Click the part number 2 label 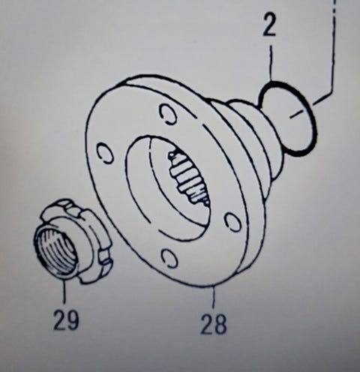(269, 25)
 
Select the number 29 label (66, 319)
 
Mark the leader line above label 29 (64, 292)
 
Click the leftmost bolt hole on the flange (105, 153)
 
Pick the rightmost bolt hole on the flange (233, 221)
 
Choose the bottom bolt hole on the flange (170, 258)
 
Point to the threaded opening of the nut (56, 250)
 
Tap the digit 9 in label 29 (73, 319)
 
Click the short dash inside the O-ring (296, 114)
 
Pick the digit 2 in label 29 (59, 319)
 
